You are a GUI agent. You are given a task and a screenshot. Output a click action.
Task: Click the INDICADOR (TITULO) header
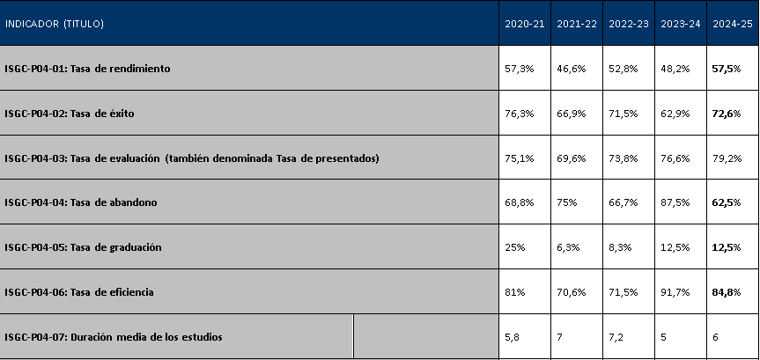[x=55, y=24]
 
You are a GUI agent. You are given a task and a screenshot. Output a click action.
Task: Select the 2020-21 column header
[x=525, y=24]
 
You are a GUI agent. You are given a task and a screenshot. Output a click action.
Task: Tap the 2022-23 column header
[x=629, y=24]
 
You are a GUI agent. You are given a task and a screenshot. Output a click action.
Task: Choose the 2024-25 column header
[x=733, y=24]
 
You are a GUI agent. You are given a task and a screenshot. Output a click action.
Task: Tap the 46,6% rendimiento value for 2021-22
[x=571, y=69]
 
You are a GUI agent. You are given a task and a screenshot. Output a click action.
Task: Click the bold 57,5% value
[x=726, y=69]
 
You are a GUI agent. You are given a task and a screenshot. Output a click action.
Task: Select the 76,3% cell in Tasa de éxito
[x=519, y=114]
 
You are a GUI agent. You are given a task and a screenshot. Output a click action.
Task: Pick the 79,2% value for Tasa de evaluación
[x=727, y=158]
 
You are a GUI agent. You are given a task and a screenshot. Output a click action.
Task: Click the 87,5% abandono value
[x=675, y=202]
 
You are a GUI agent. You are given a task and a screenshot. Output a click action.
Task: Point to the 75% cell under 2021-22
[x=566, y=202]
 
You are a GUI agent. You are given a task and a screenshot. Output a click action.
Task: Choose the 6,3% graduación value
[x=568, y=247]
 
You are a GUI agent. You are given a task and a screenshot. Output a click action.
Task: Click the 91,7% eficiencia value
[x=675, y=292]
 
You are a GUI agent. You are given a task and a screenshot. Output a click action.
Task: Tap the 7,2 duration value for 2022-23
[x=616, y=337]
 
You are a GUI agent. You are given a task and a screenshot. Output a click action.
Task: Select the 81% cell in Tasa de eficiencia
[x=515, y=292]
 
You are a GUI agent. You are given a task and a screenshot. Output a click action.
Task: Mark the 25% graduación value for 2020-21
[x=515, y=247]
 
